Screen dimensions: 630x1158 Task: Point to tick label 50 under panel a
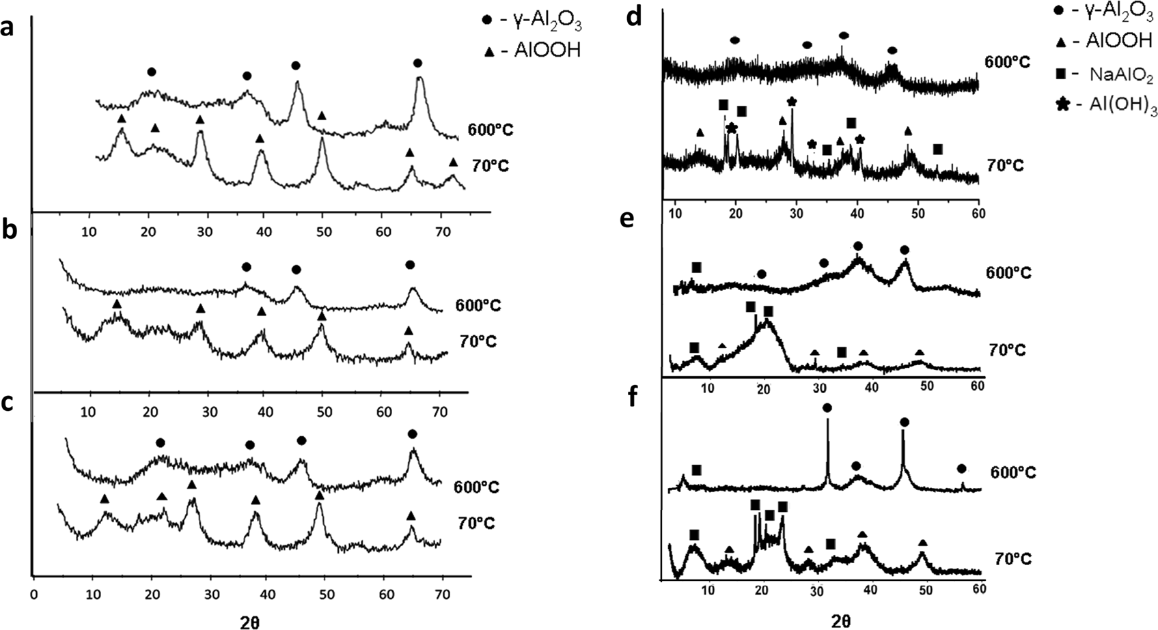point(324,231)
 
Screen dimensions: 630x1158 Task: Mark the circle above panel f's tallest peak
point(827,407)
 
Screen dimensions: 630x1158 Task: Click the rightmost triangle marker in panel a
point(453,162)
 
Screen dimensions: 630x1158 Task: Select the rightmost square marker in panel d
point(938,149)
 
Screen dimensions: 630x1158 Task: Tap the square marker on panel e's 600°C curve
point(696,267)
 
